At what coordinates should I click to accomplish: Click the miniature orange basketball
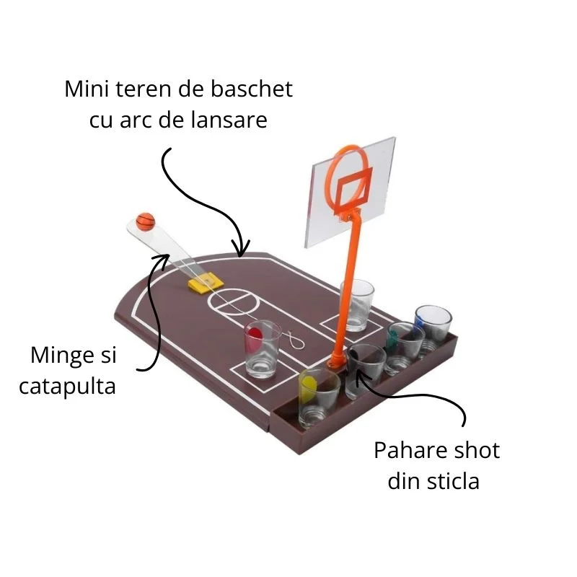pyautogui.click(x=146, y=221)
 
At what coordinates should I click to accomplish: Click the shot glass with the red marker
pyautogui.click(x=263, y=349)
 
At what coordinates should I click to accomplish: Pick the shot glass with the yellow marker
pyautogui.click(x=319, y=398)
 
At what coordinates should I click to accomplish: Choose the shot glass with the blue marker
pyautogui.click(x=433, y=330)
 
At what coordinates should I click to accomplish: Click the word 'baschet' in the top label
pyautogui.click(x=251, y=89)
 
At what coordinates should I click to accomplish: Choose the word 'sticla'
pyautogui.click(x=454, y=481)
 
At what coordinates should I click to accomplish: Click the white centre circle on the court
pyautogui.click(x=234, y=302)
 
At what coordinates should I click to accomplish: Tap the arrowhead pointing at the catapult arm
pyautogui.click(x=162, y=260)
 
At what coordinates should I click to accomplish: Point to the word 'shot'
pyautogui.click(x=477, y=450)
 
